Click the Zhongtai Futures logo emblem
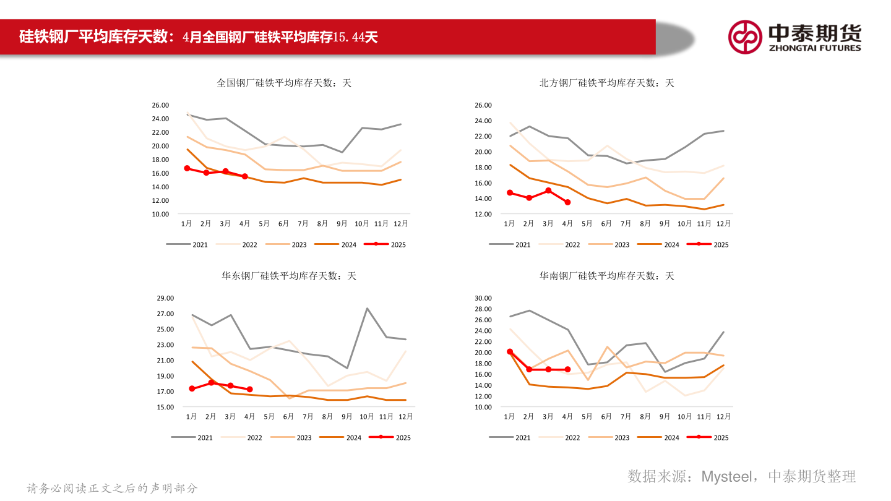745,36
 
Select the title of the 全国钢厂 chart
284,83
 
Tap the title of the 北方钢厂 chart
606,83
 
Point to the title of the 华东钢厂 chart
289,276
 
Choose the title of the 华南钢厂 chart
606,276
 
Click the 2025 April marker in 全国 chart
244,176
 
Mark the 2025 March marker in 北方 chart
548,191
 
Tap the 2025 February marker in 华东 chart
211,383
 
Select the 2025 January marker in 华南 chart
510,351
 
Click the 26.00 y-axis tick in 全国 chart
160,105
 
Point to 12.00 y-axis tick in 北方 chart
483,214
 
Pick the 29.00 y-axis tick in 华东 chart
165,298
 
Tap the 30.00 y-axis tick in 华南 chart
483,298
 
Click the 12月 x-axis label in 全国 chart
400,223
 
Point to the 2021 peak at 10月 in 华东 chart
367,308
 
